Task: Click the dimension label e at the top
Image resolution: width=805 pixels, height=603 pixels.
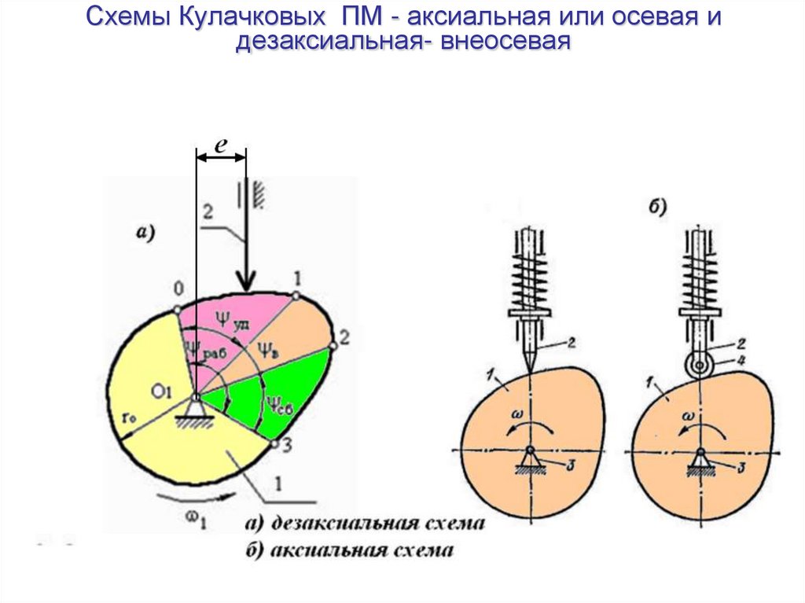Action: pyautogui.click(x=221, y=145)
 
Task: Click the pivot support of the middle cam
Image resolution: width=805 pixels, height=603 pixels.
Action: pyautogui.click(x=531, y=461)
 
